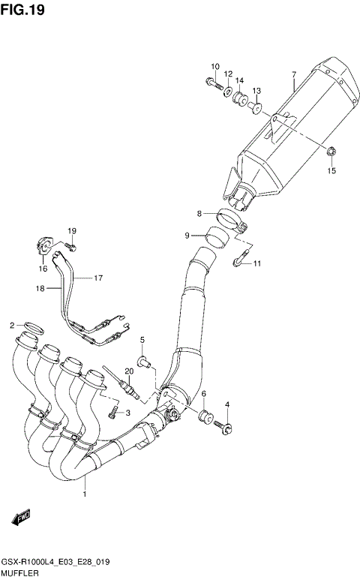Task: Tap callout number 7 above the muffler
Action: click(x=294, y=74)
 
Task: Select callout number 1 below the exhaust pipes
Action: click(x=85, y=494)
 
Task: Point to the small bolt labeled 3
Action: click(x=112, y=411)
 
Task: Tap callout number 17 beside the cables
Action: click(x=97, y=278)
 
